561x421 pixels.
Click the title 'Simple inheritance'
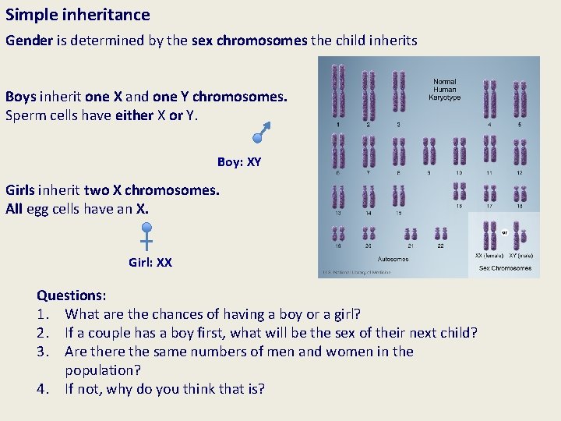tap(78, 15)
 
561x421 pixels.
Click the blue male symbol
tap(260, 133)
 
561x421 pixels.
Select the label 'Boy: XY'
tap(239, 162)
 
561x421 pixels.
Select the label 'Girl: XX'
tap(150, 263)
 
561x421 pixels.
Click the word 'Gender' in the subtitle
tap(29, 41)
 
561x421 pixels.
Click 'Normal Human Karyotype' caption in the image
tap(445, 89)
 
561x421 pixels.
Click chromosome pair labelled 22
tap(441, 234)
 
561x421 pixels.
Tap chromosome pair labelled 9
tap(429, 151)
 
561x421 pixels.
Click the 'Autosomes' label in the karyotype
tap(393, 260)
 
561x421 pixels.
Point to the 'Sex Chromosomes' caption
tap(505, 268)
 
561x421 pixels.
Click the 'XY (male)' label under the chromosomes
tap(520, 256)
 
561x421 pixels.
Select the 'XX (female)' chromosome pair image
tap(489, 235)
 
